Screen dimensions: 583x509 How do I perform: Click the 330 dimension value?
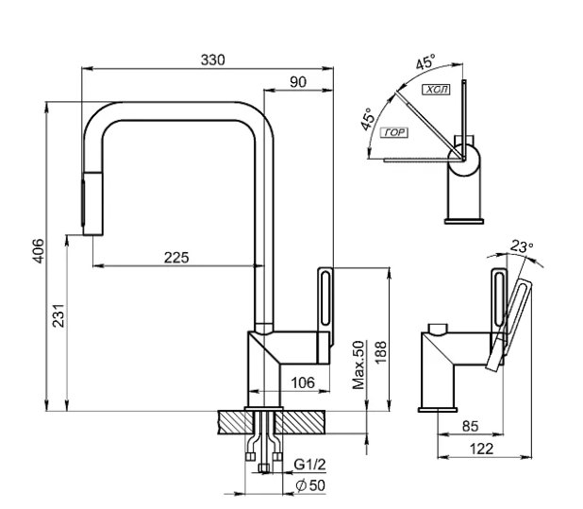tap(212, 59)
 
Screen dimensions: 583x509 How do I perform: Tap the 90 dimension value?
tap(298, 82)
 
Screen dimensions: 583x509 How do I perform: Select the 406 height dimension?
tap(39, 251)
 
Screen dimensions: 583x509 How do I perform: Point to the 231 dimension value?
tap(58, 316)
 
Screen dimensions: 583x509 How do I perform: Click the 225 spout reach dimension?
tap(176, 258)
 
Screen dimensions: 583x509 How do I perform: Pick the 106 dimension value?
tap(303, 382)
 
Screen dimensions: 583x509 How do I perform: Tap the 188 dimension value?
tap(381, 352)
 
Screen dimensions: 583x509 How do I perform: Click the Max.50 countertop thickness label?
tap(358, 365)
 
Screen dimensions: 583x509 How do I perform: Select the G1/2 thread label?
tap(309, 465)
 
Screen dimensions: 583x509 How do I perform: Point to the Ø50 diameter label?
tap(310, 485)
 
